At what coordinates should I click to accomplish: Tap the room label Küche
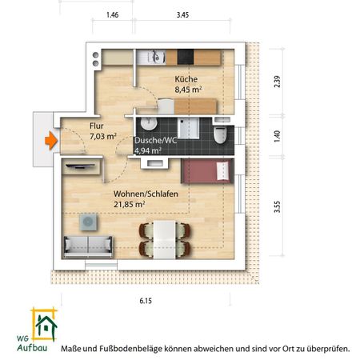(186, 79)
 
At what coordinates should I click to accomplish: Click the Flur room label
(73, 126)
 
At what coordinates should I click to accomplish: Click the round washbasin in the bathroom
(148, 124)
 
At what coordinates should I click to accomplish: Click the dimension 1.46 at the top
(113, 15)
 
